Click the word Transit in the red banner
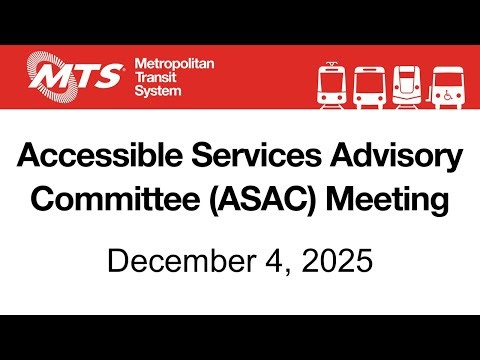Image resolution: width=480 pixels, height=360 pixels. click(153, 76)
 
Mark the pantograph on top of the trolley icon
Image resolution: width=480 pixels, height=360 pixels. click(332, 63)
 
